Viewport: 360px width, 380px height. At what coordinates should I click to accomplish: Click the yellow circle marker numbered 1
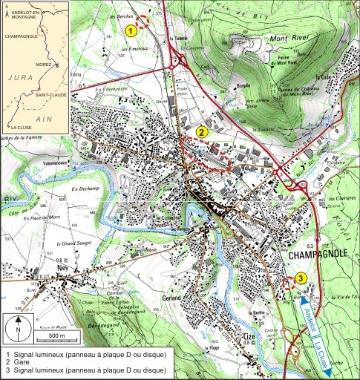click(x=131, y=30)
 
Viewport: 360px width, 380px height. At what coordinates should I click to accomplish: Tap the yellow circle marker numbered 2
click(x=201, y=131)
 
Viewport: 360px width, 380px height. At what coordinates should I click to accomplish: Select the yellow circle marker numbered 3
click(x=300, y=278)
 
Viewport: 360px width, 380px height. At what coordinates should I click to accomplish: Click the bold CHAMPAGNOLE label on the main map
click(x=319, y=255)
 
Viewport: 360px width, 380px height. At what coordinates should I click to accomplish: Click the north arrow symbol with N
click(x=18, y=327)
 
